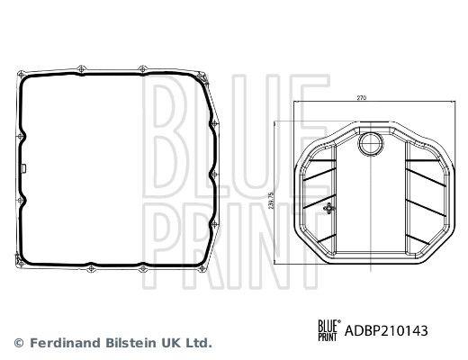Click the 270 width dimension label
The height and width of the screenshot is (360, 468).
click(362, 97)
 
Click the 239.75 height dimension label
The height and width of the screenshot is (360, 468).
click(271, 201)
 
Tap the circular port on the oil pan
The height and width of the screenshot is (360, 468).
click(372, 144)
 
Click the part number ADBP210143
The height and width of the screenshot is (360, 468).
click(386, 331)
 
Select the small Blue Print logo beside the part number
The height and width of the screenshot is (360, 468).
click(328, 330)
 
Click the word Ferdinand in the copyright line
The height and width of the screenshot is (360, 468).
click(67, 343)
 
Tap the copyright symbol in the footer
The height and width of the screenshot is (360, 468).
click(19, 343)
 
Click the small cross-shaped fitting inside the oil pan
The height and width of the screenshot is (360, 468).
click(328, 208)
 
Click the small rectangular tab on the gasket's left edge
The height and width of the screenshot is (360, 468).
click(24, 168)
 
